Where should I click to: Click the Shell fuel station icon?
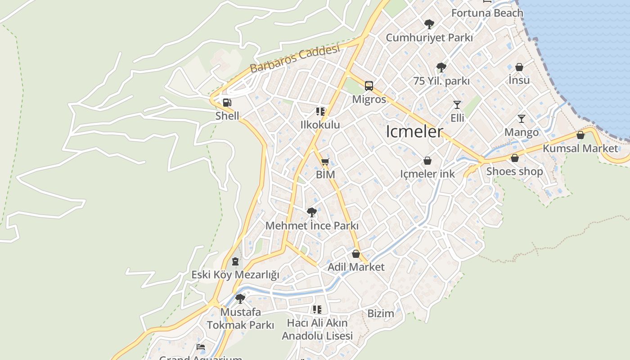[x=227, y=103]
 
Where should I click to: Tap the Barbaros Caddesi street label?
[x=294, y=59]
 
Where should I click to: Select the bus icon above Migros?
[x=369, y=85]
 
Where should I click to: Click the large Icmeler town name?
[x=414, y=131]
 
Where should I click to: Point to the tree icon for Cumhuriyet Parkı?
[x=429, y=24]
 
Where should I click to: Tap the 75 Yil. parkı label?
[x=441, y=81]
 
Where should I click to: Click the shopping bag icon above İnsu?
[x=519, y=67]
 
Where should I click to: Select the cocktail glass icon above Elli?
[x=457, y=105]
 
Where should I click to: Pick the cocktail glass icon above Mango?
[x=522, y=119]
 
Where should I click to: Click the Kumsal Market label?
[x=580, y=148]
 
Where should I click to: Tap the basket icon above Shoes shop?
[x=515, y=158]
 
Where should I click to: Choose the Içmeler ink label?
[x=427, y=174]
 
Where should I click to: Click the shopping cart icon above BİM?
[x=325, y=162]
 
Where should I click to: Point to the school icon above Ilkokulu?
[x=320, y=111]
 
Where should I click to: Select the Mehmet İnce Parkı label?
[x=312, y=225]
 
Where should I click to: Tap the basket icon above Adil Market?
[x=356, y=254]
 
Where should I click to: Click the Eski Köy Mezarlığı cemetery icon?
[x=235, y=261]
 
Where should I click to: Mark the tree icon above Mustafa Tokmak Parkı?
[x=240, y=298]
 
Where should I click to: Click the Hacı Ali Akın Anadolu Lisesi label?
[x=317, y=329]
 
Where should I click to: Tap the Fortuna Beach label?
[x=487, y=13]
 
